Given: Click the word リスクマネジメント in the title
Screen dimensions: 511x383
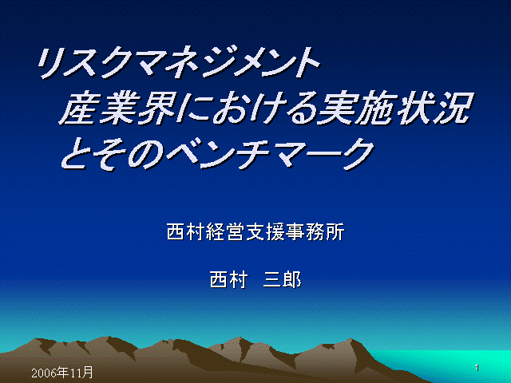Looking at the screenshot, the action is (179, 62).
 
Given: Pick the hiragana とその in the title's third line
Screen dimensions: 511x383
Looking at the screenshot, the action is (113, 154).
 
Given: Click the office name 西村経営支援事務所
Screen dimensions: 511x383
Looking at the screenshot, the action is (255, 232).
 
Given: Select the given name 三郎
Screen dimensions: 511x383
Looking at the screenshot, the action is (282, 279).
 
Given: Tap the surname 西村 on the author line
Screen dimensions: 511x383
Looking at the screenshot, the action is (229, 279).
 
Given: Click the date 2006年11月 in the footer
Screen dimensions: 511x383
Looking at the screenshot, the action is (62, 372).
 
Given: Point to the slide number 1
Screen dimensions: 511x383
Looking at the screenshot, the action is (477, 368).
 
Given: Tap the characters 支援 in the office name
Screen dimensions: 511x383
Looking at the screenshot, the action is (265, 232).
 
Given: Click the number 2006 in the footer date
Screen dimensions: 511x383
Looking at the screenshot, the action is (43, 373).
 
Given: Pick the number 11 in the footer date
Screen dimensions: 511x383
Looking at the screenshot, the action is (74, 373).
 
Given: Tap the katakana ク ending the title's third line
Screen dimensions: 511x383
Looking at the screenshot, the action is (356, 154).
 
